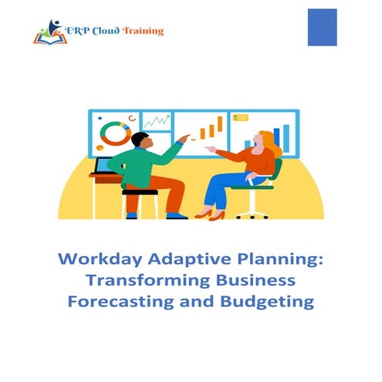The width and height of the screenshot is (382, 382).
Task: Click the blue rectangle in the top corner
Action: coord(322,27)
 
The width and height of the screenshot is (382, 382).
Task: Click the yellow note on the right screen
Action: coord(240,118)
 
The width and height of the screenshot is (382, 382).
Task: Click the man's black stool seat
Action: coord(139,192)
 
